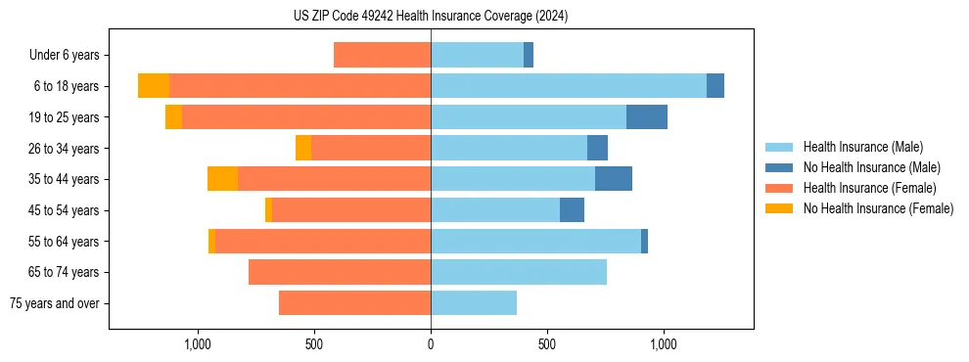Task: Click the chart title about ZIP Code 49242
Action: (431, 16)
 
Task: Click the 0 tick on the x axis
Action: (431, 344)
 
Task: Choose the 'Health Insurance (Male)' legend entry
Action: (862, 147)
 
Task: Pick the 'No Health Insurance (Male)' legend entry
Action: (871, 167)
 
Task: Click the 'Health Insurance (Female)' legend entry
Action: (869, 188)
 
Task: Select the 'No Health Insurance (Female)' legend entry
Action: (878, 208)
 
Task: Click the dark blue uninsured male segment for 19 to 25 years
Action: (647, 117)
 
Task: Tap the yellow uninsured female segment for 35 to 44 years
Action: (223, 179)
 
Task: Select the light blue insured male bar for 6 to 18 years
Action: (569, 86)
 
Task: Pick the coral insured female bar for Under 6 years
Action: (383, 56)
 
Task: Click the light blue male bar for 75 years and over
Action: (474, 303)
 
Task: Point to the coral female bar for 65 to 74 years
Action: (340, 272)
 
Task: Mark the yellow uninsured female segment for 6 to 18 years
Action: (154, 86)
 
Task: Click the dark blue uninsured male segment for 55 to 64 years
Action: (644, 241)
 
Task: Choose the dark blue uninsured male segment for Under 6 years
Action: (529, 56)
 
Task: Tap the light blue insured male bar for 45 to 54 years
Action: (495, 210)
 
